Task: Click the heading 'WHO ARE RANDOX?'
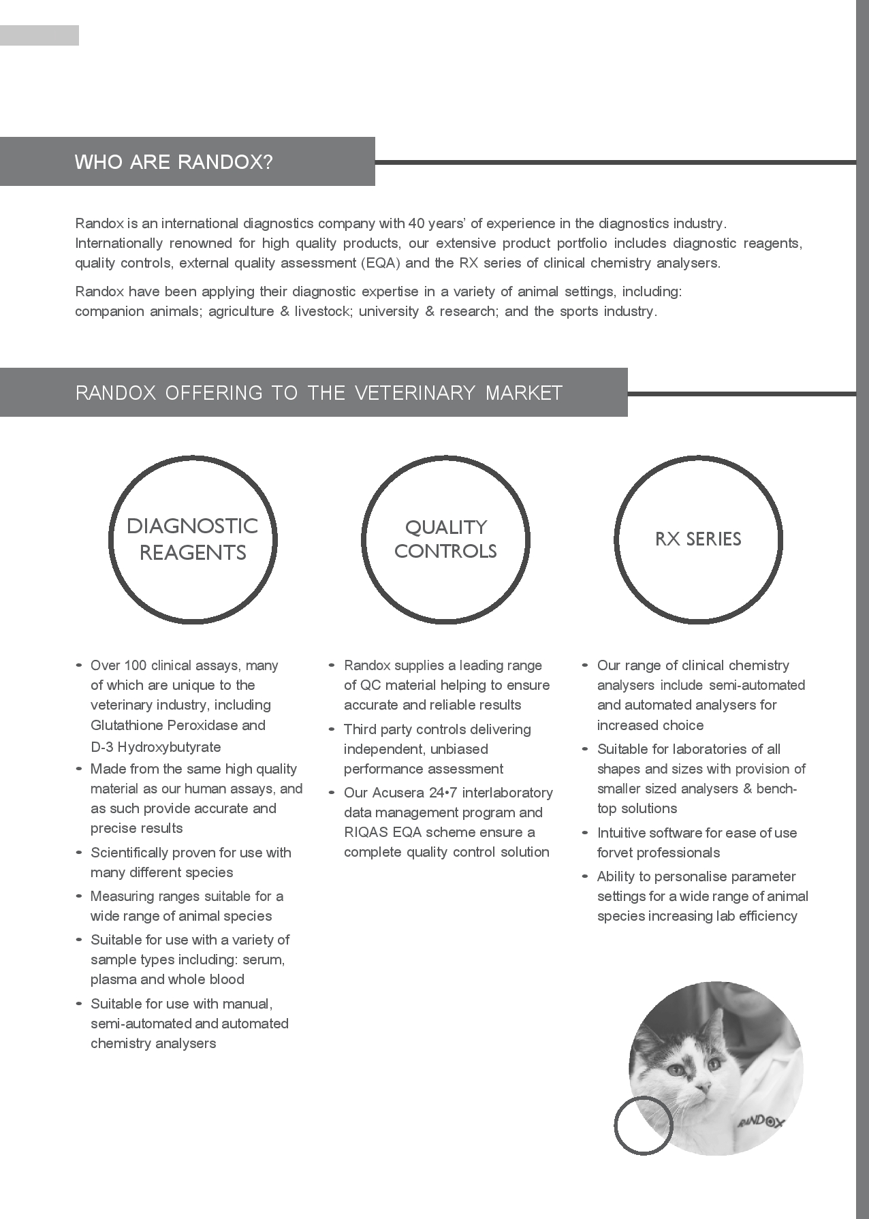pyautogui.click(x=174, y=162)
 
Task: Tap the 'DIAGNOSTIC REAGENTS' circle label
pyautogui.click(x=193, y=539)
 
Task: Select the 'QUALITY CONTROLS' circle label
pyautogui.click(x=445, y=539)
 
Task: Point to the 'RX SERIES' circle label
pyautogui.click(x=698, y=539)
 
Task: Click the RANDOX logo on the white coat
pyautogui.click(x=761, y=1121)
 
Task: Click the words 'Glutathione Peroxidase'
pyautogui.click(x=164, y=725)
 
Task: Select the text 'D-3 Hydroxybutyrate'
pyautogui.click(x=156, y=746)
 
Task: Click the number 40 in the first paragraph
pyautogui.click(x=416, y=223)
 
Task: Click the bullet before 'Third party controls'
pyautogui.click(x=332, y=729)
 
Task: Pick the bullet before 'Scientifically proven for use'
pyautogui.click(x=79, y=853)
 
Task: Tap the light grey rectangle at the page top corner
pyautogui.click(x=39, y=35)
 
